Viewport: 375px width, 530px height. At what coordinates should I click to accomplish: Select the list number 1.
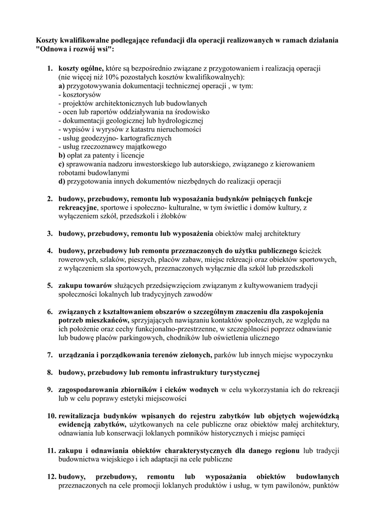pyautogui.click(x=50, y=68)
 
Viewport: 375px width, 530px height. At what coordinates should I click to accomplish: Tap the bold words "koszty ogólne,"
pyautogui.click(x=81, y=68)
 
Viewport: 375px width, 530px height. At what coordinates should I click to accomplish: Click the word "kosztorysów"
pyautogui.click(x=82, y=95)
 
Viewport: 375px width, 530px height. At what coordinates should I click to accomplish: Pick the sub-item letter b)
pyautogui.click(x=62, y=155)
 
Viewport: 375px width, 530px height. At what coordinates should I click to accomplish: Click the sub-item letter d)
pyautogui.click(x=62, y=182)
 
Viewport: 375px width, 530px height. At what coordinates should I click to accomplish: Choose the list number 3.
pyautogui.click(x=50, y=233)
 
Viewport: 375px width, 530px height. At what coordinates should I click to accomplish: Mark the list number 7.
pyautogui.click(x=50, y=355)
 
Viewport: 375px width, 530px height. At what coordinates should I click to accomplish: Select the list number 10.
pyautogui.click(x=51, y=416)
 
